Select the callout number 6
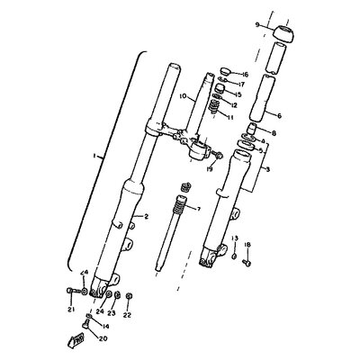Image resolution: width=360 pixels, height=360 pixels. [278, 115]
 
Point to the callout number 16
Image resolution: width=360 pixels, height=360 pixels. [244, 75]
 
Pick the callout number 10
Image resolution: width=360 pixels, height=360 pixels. [182, 95]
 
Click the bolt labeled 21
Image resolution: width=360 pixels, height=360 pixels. [70, 290]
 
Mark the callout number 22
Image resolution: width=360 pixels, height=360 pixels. [128, 314]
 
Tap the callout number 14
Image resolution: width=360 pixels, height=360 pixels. [106, 326]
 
